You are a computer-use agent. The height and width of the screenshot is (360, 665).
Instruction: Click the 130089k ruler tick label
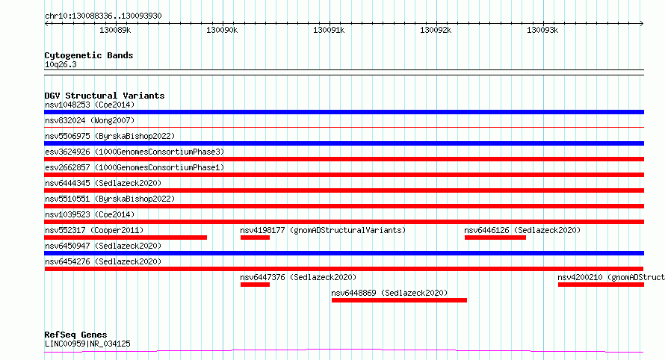coord(115,30)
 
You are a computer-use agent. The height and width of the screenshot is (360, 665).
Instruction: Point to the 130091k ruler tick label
coord(329,30)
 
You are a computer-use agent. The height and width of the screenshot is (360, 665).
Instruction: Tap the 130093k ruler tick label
coord(542,30)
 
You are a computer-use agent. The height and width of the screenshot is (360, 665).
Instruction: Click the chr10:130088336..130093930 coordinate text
coord(103,16)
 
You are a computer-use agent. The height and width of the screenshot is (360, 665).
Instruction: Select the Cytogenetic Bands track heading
coord(89,55)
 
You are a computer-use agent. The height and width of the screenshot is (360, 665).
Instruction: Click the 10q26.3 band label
coord(61,64)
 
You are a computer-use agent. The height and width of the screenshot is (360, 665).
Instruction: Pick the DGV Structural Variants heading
coord(105,96)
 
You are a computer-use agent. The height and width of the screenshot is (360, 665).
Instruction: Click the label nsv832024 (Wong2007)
coord(90,120)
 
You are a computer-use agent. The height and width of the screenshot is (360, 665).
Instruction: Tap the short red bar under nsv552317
coord(126,238)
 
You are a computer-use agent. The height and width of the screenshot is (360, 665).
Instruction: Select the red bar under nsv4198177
coord(255,238)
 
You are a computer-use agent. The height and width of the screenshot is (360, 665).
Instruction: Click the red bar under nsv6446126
coord(495,238)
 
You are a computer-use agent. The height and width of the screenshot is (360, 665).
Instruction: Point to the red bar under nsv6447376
coord(255,285)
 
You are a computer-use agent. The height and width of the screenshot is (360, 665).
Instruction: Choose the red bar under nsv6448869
coord(399,300)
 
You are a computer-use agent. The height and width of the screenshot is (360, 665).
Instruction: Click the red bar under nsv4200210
coord(601,285)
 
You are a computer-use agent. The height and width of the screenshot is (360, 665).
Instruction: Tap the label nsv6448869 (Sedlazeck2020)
coord(389,293)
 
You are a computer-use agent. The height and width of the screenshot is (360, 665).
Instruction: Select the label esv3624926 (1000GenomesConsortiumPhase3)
coord(134,152)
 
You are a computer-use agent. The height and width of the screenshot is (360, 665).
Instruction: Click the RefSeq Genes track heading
coord(75,335)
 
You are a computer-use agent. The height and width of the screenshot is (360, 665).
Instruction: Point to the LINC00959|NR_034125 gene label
coord(87,344)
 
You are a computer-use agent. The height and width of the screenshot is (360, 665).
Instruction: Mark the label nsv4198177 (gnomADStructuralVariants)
coord(323,230)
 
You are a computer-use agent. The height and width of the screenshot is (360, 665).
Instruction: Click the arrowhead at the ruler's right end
coord(642,24)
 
